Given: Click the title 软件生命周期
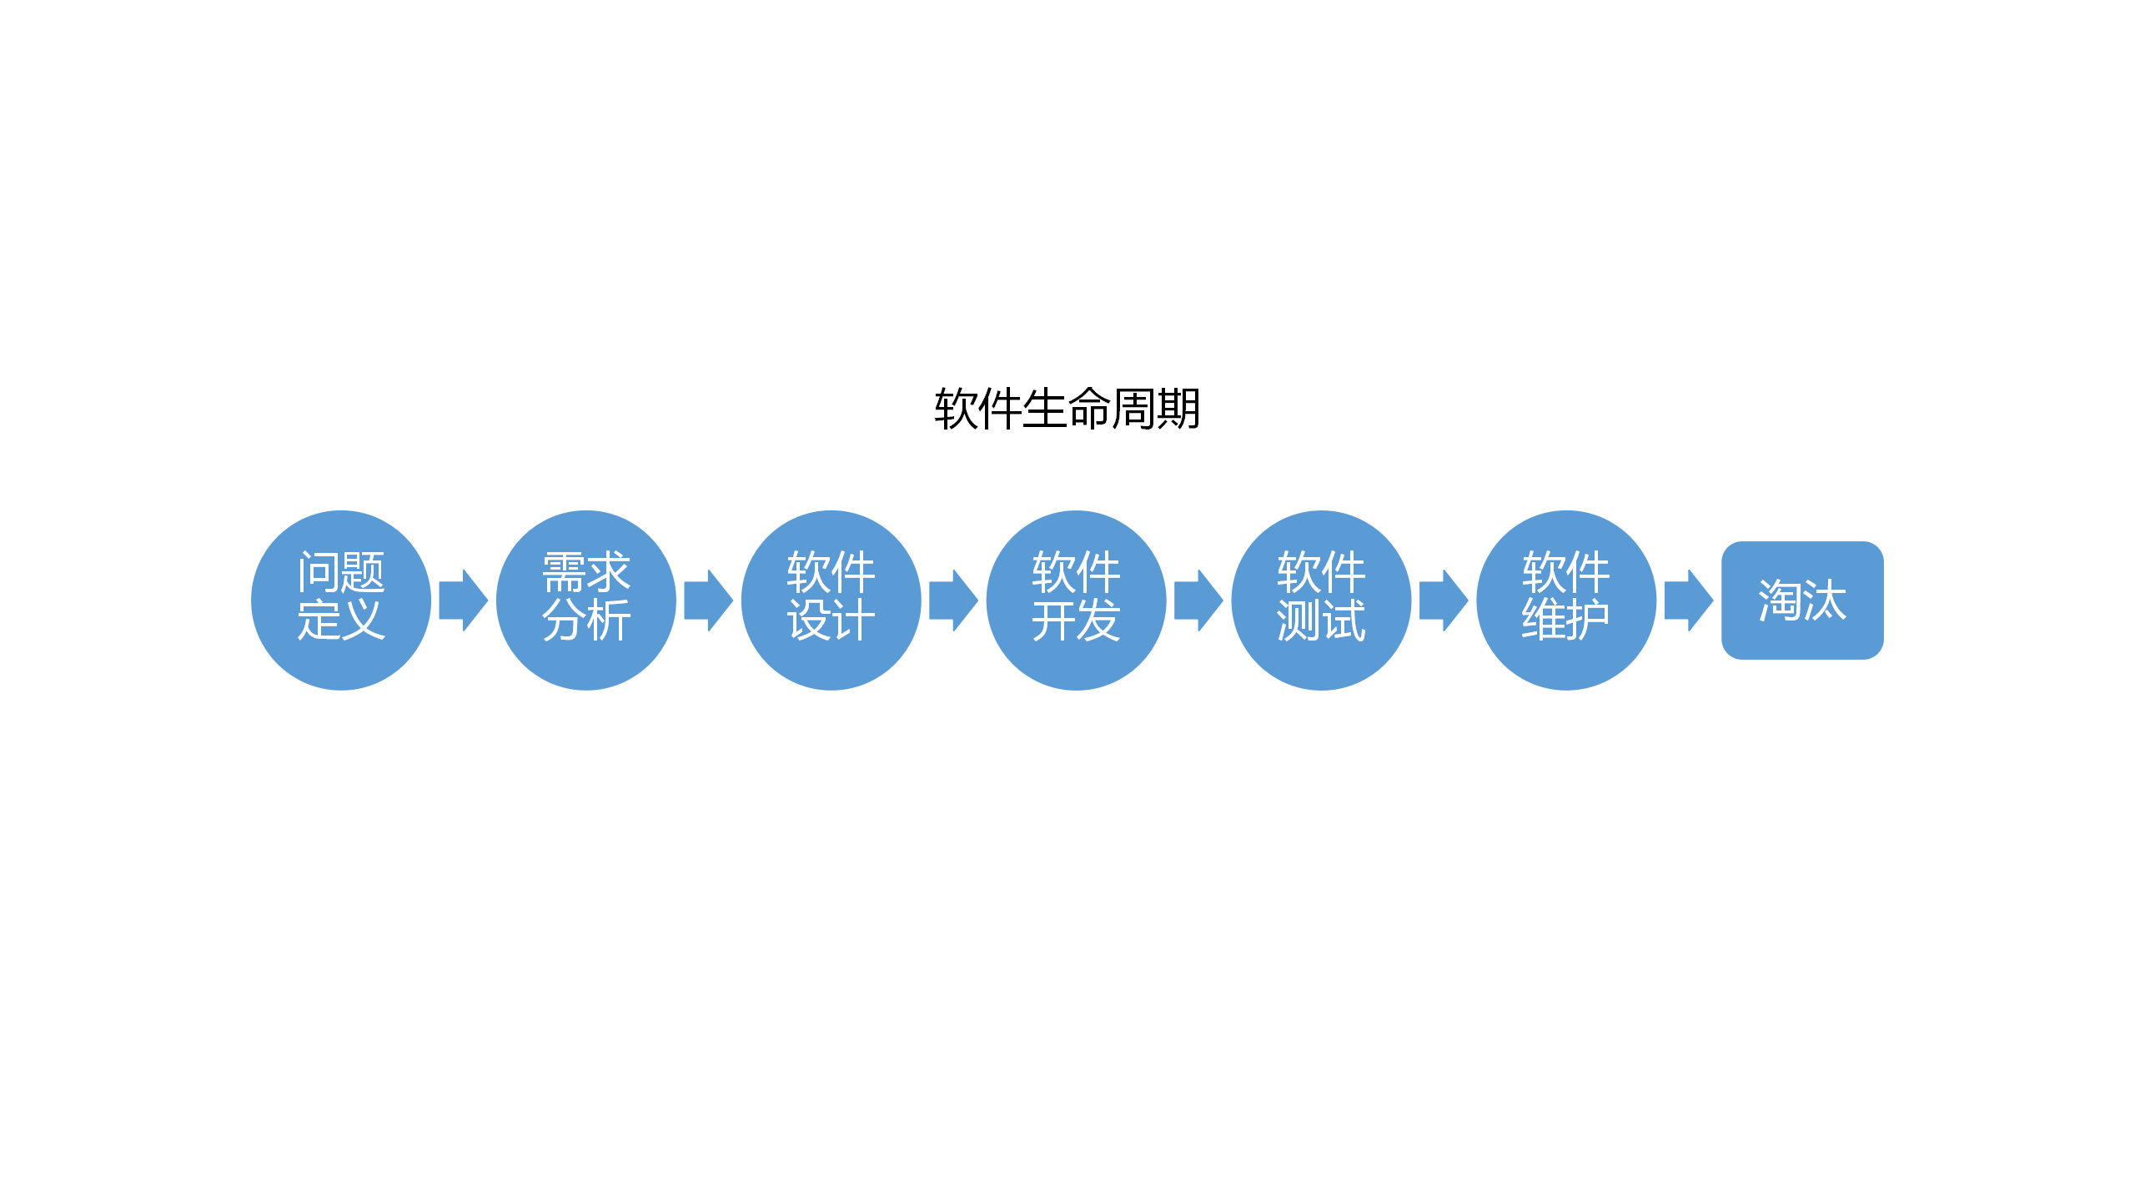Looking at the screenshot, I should click(1067, 409).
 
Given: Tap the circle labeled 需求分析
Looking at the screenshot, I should click(586, 659).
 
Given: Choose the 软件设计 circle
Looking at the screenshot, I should click(831, 659).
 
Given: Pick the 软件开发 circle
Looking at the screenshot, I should click(1076, 659).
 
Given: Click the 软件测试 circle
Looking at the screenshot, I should click(1321, 659).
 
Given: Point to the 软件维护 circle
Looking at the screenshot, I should click(1566, 659).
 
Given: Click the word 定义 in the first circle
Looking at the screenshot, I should click(341, 621).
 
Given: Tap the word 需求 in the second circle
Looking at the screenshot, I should click(586, 572).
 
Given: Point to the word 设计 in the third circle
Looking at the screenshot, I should click(831, 621).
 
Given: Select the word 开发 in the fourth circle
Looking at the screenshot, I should click(1076, 621).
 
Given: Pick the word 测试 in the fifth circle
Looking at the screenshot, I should click(1321, 621).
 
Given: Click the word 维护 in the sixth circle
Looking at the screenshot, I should click(1566, 621).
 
